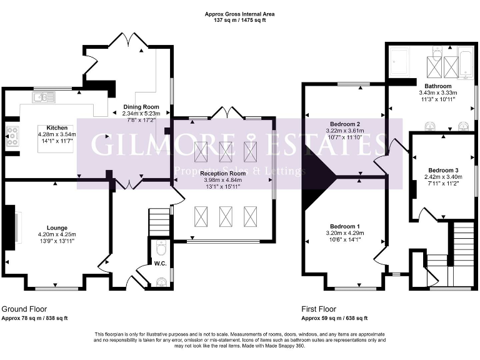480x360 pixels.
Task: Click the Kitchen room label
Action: point(47,127)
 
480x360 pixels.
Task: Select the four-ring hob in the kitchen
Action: point(12,136)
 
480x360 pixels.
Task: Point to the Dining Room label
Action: point(141,106)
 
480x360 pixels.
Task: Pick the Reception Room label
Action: point(223,173)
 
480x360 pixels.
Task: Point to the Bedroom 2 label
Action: point(345,124)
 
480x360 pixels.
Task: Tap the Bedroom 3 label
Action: point(443,170)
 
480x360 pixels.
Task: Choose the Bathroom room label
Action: point(432,85)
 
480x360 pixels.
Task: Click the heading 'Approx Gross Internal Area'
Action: point(239,13)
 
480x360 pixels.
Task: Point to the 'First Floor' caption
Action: point(319,309)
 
